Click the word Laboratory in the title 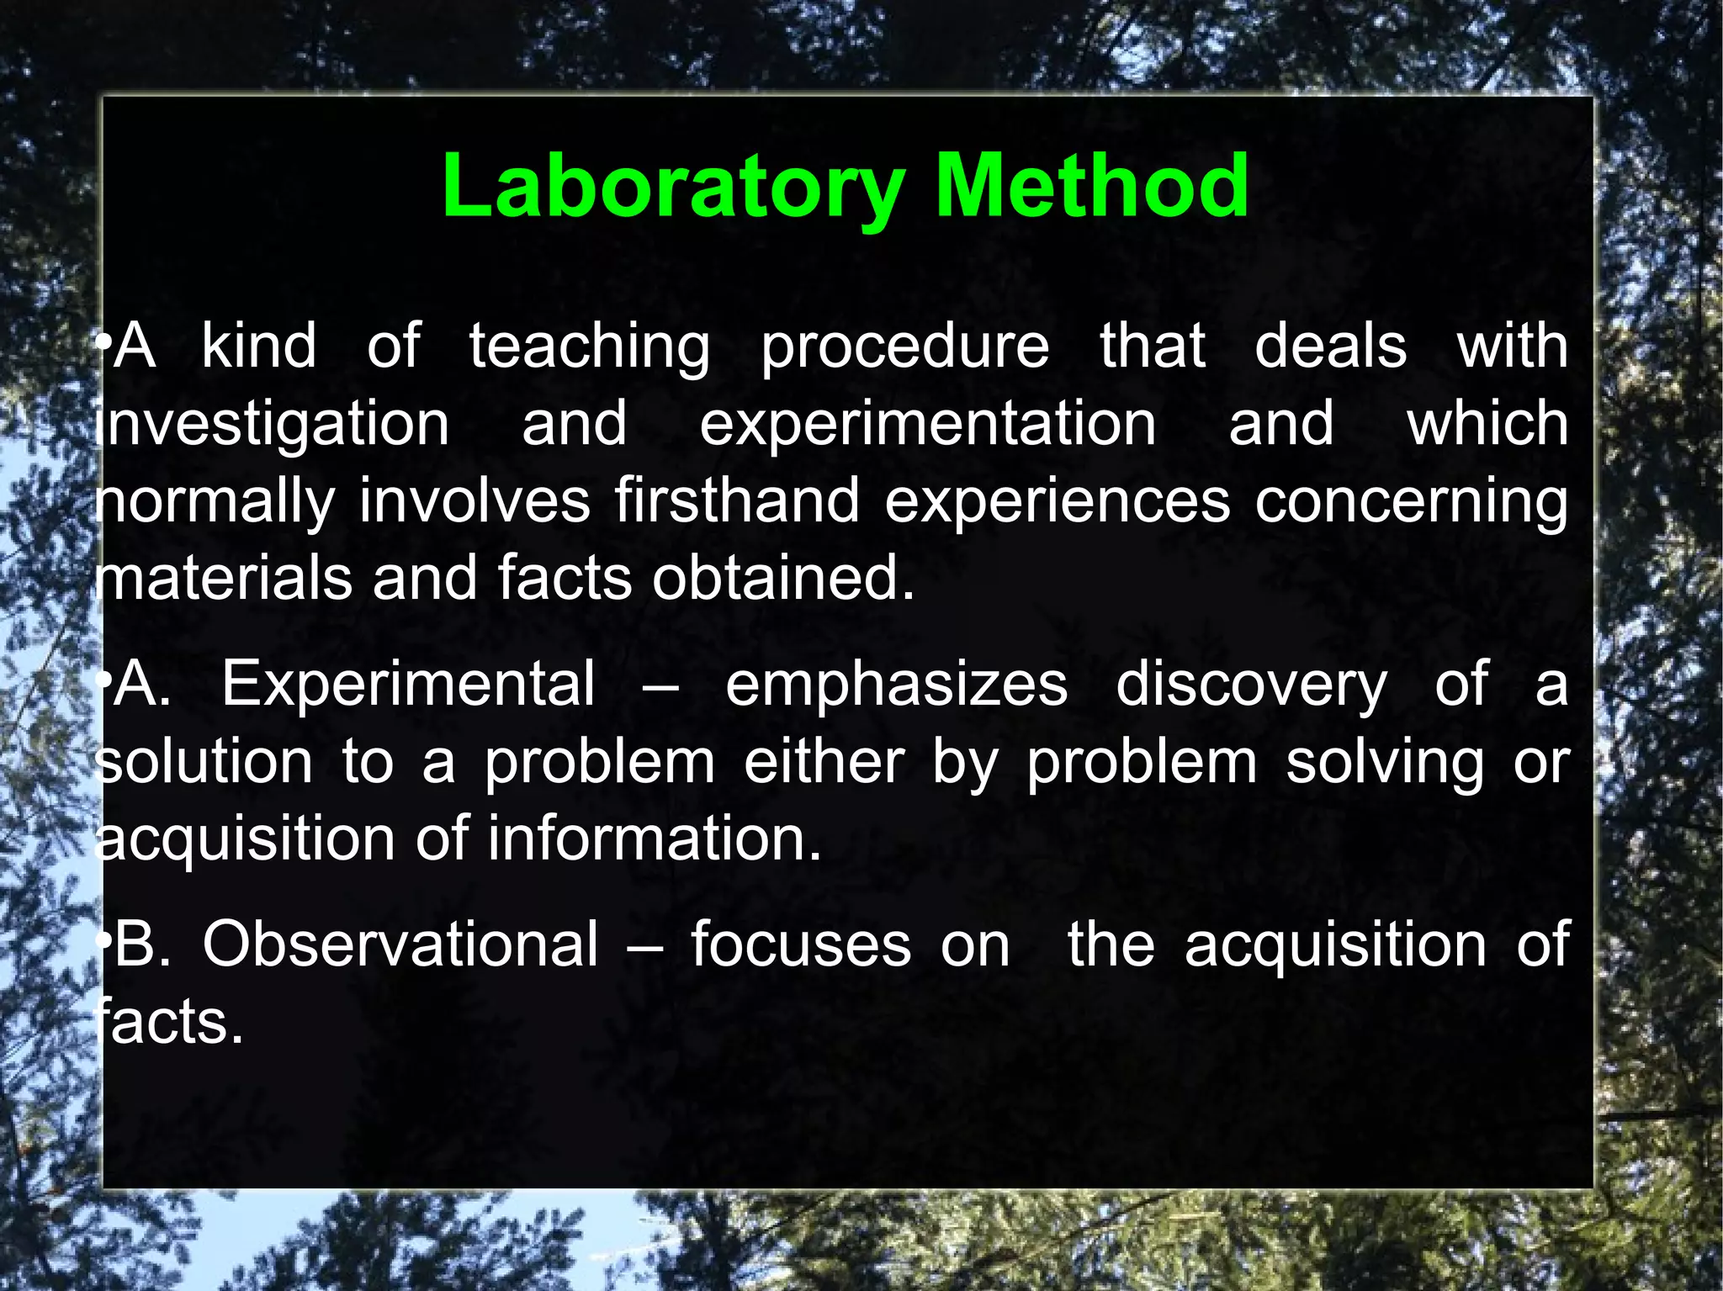pyautogui.click(x=673, y=187)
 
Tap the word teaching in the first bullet pyautogui.click(x=589, y=347)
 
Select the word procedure pyautogui.click(x=905, y=347)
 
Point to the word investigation pyautogui.click(x=273, y=425)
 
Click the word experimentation pyautogui.click(x=927, y=425)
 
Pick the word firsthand pyautogui.click(x=736, y=501)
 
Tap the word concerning pyautogui.click(x=1411, y=503)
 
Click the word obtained pyautogui.click(x=782, y=579)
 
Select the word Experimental pyautogui.click(x=408, y=684)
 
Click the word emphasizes pyautogui.click(x=896, y=685)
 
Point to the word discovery pyautogui.click(x=1251, y=685)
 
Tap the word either pyautogui.click(x=824, y=762)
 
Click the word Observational pyautogui.click(x=400, y=944)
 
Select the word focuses pyautogui.click(x=801, y=944)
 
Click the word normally pyautogui.click(x=215, y=503)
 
